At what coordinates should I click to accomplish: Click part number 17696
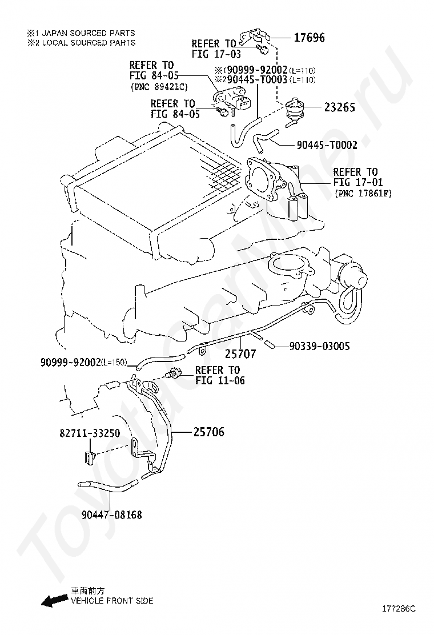[x=309, y=38]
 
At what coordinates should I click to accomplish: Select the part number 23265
[x=339, y=107]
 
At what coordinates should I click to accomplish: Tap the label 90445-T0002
[x=327, y=146]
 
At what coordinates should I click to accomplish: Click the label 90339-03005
[x=319, y=346]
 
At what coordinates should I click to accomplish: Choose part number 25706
[x=208, y=432]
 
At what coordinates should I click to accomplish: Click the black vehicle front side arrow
[x=53, y=600]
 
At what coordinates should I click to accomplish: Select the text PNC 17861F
[x=363, y=194]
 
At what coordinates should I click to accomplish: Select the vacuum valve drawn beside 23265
[x=295, y=108]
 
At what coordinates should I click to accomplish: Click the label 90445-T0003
[x=256, y=80]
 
